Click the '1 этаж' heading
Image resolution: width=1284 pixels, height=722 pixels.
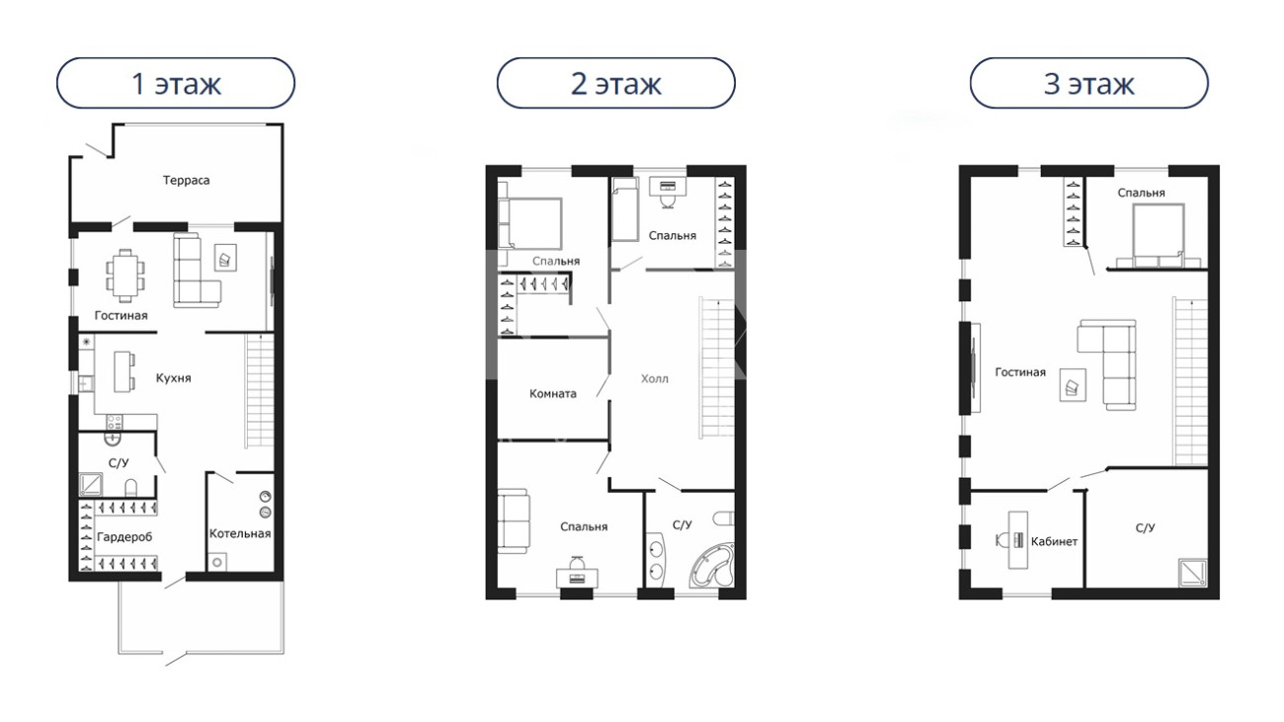click(x=176, y=84)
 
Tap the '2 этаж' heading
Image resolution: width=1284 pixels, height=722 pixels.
click(x=615, y=84)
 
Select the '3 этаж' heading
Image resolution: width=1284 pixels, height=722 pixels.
click(x=1088, y=84)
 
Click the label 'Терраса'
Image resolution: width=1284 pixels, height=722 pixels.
click(x=187, y=181)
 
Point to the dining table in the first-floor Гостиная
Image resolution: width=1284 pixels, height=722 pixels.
click(x=125, y=275)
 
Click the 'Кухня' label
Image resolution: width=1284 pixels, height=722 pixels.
click(x=174, y=378)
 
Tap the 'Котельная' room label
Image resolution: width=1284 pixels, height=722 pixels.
click(x=240, y=533)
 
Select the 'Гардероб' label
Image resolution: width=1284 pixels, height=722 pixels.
click(x=124, y=537)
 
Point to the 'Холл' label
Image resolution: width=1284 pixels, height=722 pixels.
click(x=655, y=378)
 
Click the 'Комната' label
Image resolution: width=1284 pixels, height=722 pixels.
click(x=552, y=394)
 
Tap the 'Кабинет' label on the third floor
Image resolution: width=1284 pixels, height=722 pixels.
click(x=1054, y=541)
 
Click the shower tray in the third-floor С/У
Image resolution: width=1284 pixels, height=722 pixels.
click(x=1193, y=573)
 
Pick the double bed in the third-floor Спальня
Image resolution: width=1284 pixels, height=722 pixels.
click(x=1159, y=236)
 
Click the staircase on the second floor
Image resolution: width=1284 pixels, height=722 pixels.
click(x=717, y=367)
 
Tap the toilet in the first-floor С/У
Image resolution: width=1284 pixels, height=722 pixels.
click(x=131, y=488)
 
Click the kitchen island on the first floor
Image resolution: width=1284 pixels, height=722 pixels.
click(x=124, y=371)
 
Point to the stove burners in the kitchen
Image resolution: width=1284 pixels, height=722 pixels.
click(x=114, y=423)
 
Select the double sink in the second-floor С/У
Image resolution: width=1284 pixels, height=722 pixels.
click(x=656, y=560)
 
